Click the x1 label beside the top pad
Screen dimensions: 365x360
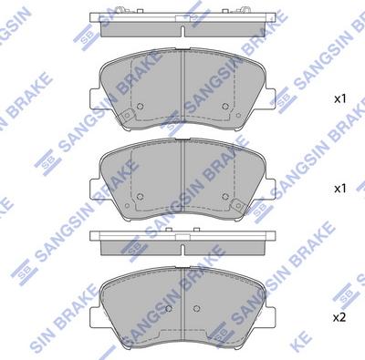pyautogui.click(x=340, y=98)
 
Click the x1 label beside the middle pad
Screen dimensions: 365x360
pyautogui.click(x=340, y=189)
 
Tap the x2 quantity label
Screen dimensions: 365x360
pyautogui.click(x=340, y=317)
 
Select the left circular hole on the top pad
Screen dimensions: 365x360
pyautogui.click(x=140, y=107)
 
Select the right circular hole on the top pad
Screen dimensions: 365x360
pyautogui.click(x=225, y=107)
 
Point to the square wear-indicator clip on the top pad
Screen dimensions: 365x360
pyautogui.click(x=127, y=116)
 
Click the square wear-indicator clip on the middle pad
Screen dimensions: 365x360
pyautogui.click(x=238, y=206)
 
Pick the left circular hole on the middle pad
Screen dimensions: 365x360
pyautogui.click(x=140, y=197)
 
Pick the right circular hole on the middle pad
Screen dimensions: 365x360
pyautogui.click(x=225, y=197)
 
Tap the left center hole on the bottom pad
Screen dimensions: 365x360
pyautogui.click(x=169, y=309)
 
